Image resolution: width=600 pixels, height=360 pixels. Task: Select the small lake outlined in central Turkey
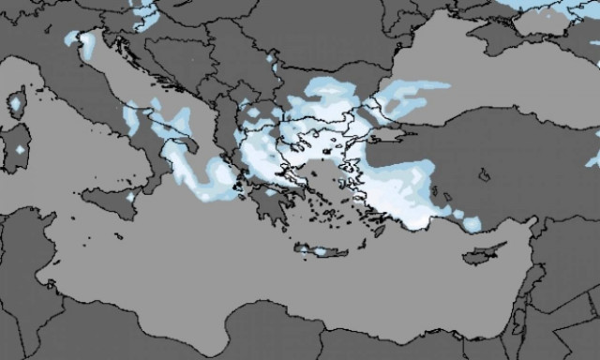point(484,174)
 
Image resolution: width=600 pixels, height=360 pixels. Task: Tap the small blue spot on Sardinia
point(20,150)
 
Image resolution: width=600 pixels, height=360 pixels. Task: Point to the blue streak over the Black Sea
point(422,89)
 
